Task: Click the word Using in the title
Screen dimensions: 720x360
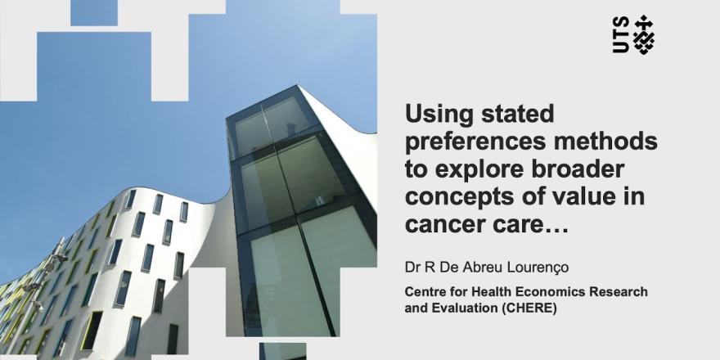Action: pyautogui.click(x=434, y=115)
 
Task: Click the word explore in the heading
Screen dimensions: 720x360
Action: pyautogui.click(x=482, y=169)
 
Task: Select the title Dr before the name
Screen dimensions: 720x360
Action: pyautogui.click(x=412, y=268)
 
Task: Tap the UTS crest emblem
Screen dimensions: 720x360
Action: pyautogui.click(x=644, y=35)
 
